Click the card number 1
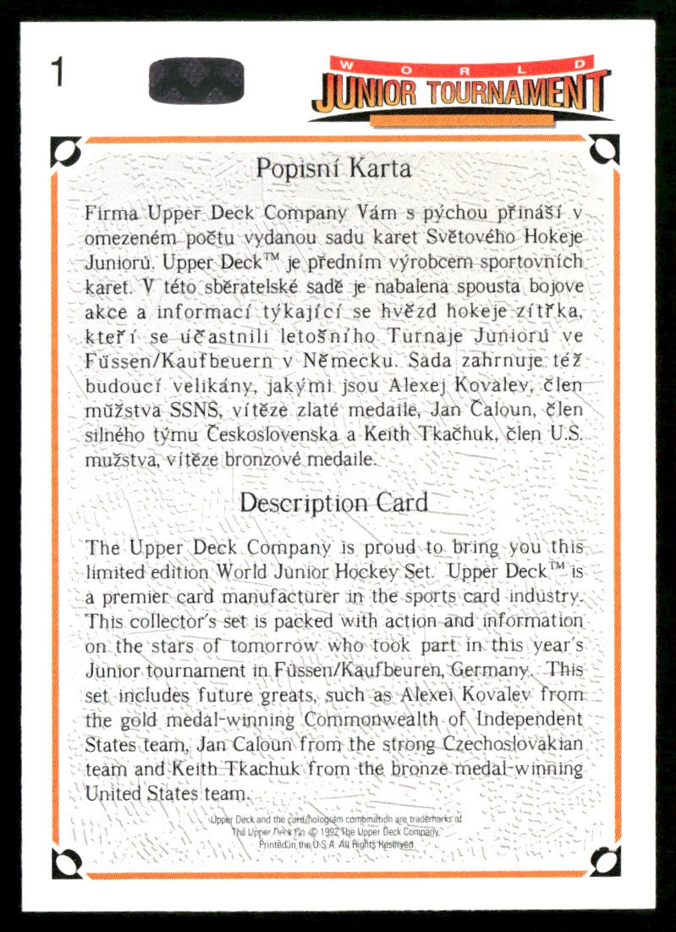(x=58, y=73)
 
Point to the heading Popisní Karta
(x=333, y=168)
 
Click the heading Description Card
(x=333, y=502)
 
